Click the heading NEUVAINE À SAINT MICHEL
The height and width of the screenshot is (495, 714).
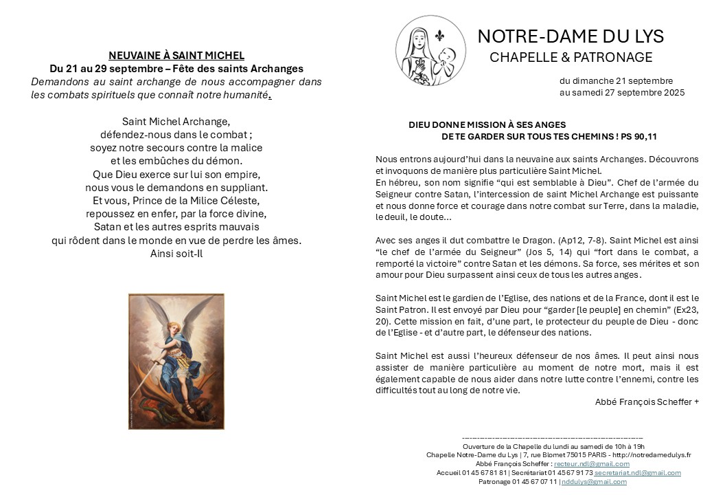pos(176,56)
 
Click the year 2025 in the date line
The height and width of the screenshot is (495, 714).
pos(672,92)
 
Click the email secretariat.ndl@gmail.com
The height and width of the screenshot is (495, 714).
pos(637,473)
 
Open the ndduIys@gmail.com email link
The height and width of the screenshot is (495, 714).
pos(594,482)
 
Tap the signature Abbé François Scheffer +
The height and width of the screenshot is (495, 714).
pos(647,402)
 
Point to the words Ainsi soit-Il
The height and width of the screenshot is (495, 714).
pos(176,253)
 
